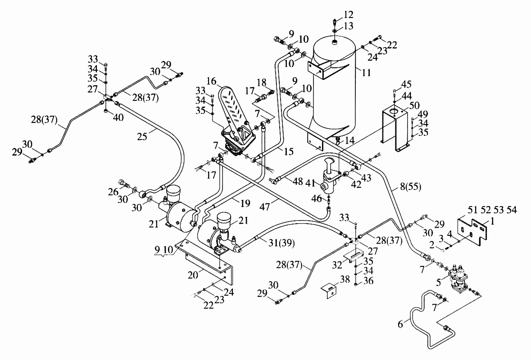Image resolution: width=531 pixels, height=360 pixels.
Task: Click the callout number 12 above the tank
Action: (x=348, y=14)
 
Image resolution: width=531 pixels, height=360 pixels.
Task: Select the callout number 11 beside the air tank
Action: (x=367, y=72)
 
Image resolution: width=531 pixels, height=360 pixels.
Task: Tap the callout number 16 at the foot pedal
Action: (x=211, y=81)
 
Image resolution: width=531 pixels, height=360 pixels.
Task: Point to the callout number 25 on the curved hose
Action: (x=142, y=136)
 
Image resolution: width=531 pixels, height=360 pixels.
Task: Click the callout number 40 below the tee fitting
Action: (x=118, y=118)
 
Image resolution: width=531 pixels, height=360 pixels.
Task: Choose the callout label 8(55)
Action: (x=410, y=186)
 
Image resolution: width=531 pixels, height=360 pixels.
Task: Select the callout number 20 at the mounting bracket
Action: (x=193, y=275)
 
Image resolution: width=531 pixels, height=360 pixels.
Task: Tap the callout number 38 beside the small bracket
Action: (x=345, y=279)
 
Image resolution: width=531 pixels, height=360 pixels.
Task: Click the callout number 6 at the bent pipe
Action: (x=401, y=324)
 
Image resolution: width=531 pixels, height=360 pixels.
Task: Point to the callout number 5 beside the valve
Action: (x=438, y=282)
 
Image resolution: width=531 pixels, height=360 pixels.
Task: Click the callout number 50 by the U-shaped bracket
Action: (x=414, y=106)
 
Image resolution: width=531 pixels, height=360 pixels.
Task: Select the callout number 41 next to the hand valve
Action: (x=311, y=184)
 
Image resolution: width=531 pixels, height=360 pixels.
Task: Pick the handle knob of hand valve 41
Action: (x=329, y=162)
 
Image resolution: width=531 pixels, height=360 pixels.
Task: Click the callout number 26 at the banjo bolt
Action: (x=113, y=192)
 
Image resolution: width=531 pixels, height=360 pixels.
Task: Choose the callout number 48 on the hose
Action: (x=298, y=181)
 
